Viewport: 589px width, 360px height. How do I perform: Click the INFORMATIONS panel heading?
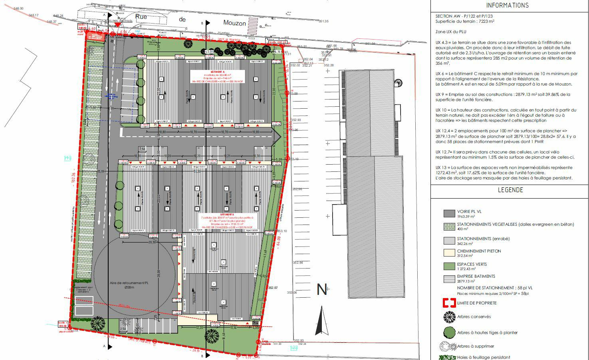[507, 6]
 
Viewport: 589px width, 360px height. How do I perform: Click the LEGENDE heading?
[510, 190]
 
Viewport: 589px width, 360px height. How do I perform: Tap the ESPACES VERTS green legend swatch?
[449, 266]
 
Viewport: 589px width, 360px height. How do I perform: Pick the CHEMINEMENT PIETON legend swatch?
[449, 253]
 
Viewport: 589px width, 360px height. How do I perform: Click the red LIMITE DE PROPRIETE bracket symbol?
[449, 303]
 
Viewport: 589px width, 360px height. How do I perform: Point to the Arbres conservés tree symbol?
[449, 317]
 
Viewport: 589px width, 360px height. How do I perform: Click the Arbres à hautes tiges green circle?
[449, 332]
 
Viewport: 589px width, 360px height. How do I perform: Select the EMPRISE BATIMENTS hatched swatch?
[449, 278]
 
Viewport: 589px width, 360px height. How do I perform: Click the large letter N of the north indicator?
[321, 290]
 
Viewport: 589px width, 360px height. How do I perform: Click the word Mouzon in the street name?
[234, 23]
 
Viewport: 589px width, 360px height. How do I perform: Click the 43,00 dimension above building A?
[209, 52]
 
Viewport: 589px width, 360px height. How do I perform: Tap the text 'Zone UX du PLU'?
[451, 32]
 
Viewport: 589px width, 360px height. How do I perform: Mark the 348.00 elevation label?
[18, 8]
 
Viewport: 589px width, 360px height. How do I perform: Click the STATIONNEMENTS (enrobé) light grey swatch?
[449, 241]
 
